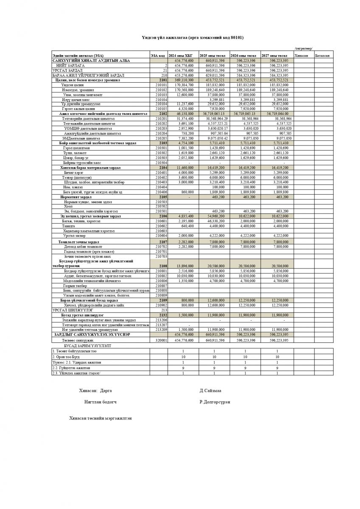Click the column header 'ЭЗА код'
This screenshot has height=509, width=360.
(157, 56)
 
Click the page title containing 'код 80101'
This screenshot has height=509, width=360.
(192, 37)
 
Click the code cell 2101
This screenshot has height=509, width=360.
(162, 80)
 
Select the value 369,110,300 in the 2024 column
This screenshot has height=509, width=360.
(184, 80)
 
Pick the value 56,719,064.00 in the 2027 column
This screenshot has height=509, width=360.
(278, 114)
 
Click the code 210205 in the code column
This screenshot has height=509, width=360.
(161, 138)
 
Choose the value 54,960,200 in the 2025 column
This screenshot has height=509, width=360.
(214, 216)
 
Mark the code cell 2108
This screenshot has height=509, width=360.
(163, 265)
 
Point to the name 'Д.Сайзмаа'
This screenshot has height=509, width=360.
(211, 390)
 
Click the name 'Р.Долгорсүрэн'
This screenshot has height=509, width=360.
(215, 402)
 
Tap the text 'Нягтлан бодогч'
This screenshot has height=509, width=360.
(101, 402)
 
